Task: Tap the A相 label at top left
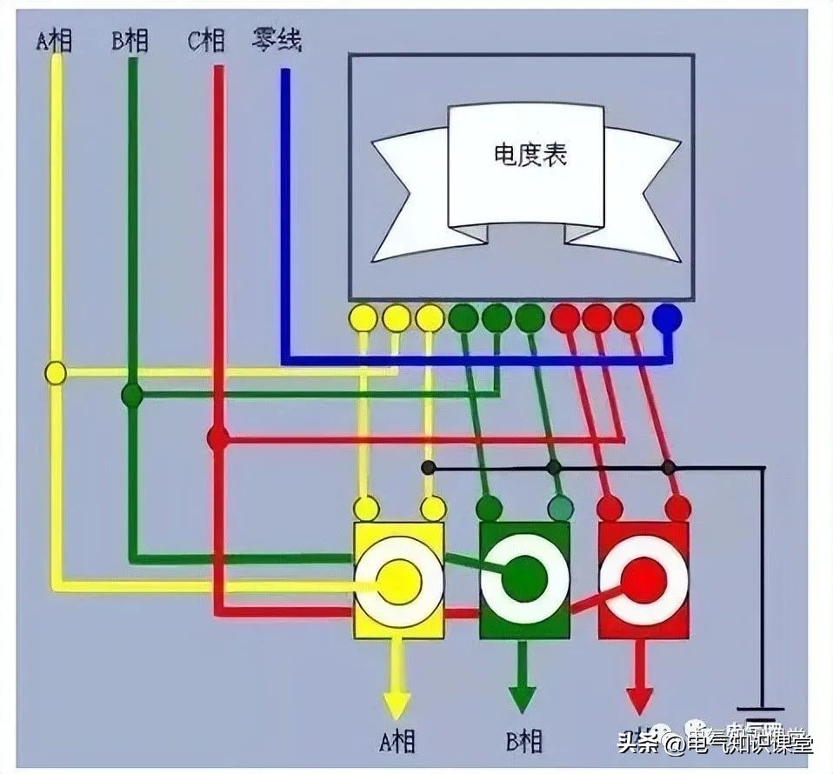pyautogui.click(x=54, y=40)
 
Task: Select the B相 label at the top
pyautogui.click(x=130, y=40)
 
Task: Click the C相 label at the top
pyautogui.click(x=206, y=40)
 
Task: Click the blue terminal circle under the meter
pyautogui.click(x=668, y=317)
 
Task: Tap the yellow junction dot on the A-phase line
pyautogui.click(x=56, y=373)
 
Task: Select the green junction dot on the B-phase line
pyautogui.click(x=132, y=395)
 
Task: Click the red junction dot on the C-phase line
pyautogui.click(x=217, y=437)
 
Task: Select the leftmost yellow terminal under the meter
pyautogui.click(x=363, y=317)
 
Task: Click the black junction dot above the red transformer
pyautogui.click(x=668, y=468)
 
